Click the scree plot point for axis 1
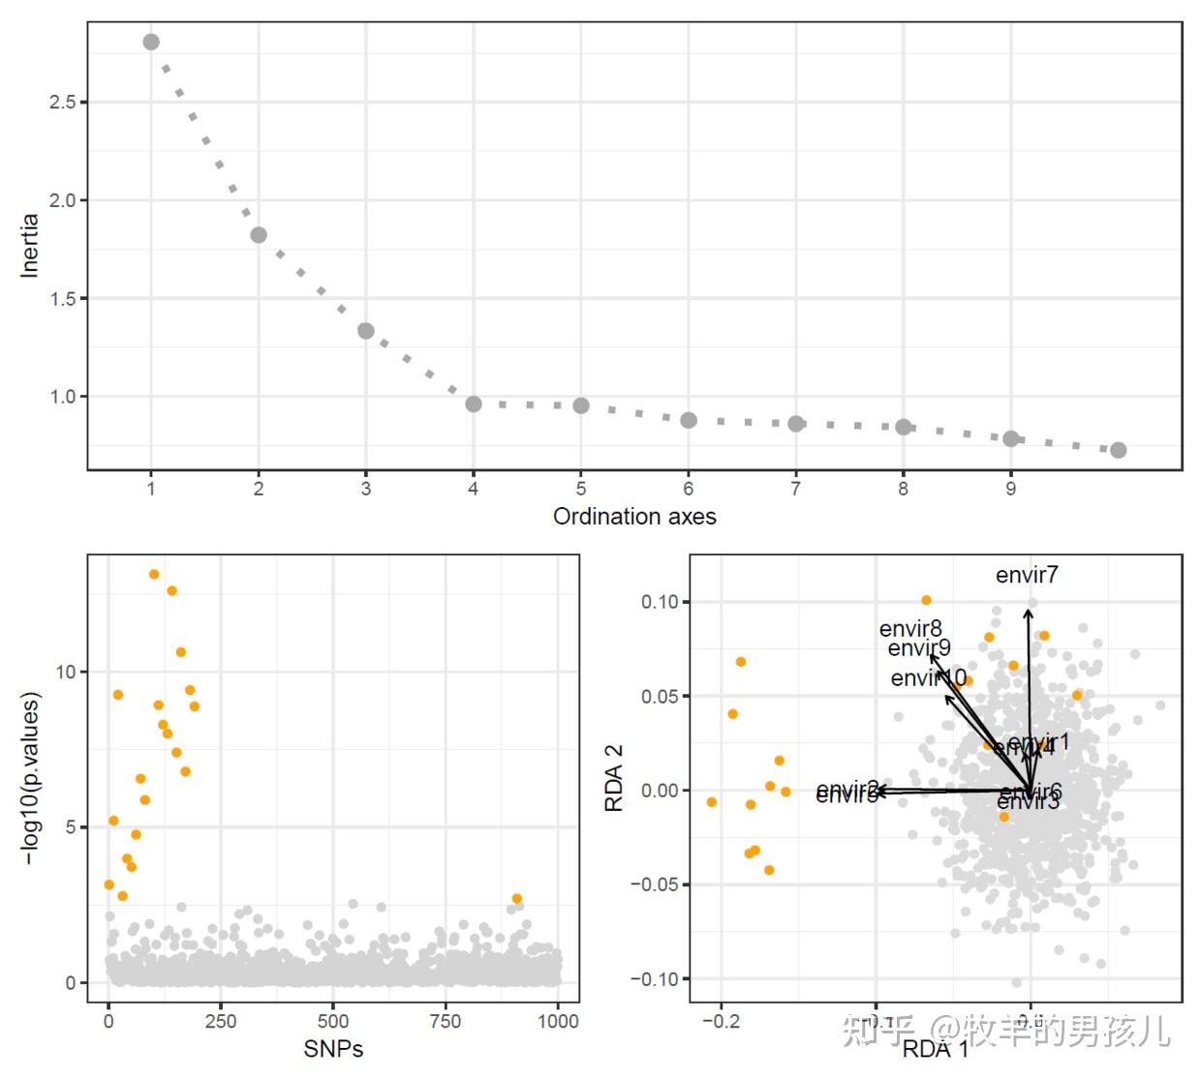151,42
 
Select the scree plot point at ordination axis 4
474,404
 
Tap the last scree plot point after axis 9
1118,450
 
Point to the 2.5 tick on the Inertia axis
63,102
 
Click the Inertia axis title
30,247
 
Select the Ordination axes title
634,517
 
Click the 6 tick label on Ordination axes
689,489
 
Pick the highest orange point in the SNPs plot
154,574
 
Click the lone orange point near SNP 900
517,898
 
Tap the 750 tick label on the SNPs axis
446,1020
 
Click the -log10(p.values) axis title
32,778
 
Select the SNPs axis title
333,1049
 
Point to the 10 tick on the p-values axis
66,672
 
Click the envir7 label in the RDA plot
1027,575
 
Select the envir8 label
910,629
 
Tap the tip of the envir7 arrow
1029,606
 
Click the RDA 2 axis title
614,778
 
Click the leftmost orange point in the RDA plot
712,802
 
